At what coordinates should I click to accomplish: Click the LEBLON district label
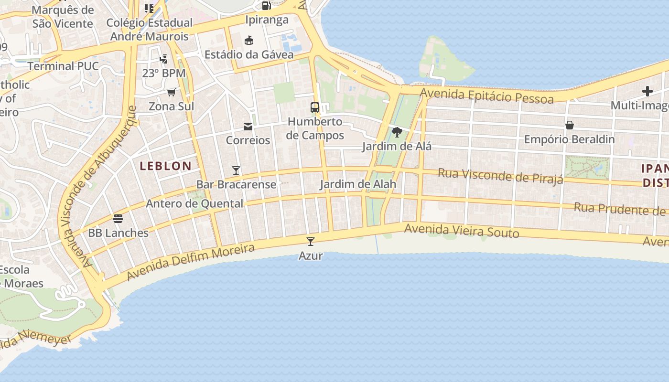[165, 166]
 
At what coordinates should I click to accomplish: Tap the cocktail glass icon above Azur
[311, 242]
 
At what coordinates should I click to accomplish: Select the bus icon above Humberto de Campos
[315, 107]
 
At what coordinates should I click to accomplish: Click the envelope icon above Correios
[248, 127]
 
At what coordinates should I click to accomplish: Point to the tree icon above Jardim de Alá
[397, 132]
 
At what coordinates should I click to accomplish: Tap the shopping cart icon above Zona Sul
[171, 92]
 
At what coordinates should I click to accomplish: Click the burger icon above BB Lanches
[118, 219]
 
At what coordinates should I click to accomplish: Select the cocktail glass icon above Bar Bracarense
[236, 170]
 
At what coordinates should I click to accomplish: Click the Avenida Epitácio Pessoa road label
[487, 96]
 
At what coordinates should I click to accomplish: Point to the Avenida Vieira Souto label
[462, 231]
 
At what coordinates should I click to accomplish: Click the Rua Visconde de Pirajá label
[500, 176]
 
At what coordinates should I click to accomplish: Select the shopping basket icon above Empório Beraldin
[569, 126]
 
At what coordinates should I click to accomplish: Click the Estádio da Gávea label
[249, 54]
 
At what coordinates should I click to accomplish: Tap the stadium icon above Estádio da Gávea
[249, 41]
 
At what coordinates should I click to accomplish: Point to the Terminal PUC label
[63, 66]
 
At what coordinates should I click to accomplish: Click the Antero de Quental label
[194, 203]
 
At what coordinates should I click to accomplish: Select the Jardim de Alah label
[358, 184]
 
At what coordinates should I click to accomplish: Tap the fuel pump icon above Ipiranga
[266, 6]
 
